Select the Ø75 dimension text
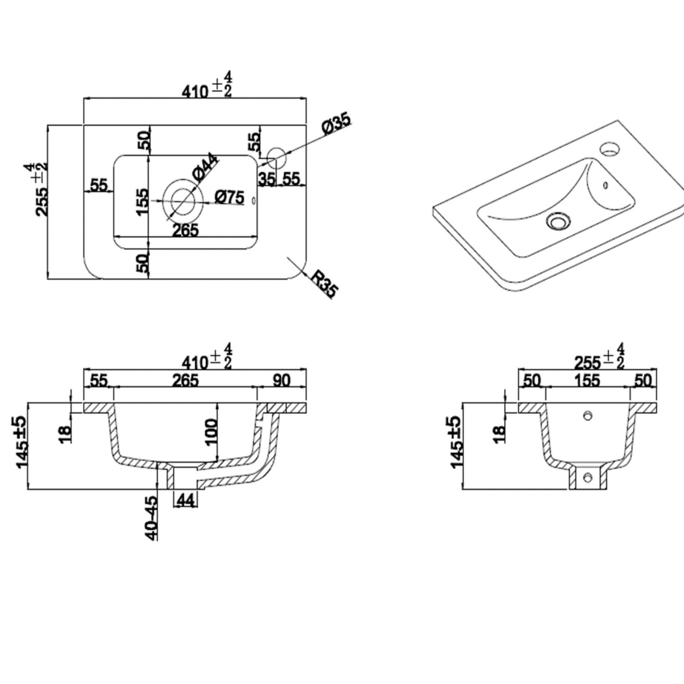(x=230, y=197)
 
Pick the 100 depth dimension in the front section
(x=211, y=432)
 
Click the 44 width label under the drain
(x=185, y=501)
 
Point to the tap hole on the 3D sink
(x=610, y=148)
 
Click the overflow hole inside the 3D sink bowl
(x=606, y=185)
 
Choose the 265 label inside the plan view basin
(x=186, y=230)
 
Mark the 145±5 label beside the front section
(x=22, y=441)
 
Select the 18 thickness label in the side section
(x=499, y=433)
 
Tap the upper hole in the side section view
(x=588, y=415)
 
